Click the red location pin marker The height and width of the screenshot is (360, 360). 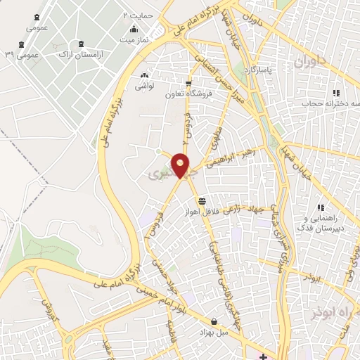click(x=181, y=165)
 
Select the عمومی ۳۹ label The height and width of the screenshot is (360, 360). click(x=19, y=53)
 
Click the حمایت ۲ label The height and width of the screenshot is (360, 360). click(x=136, y=14)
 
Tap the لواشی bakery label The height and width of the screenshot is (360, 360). click(x=144, y=86)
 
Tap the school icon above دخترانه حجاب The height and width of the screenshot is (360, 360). click(x=336, y=93)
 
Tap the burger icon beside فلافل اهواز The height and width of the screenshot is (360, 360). click(x=203, y=201)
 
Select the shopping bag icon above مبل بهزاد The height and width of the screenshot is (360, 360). click(x=213, y=321)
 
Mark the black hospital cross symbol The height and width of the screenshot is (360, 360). click(x=262, y=356)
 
